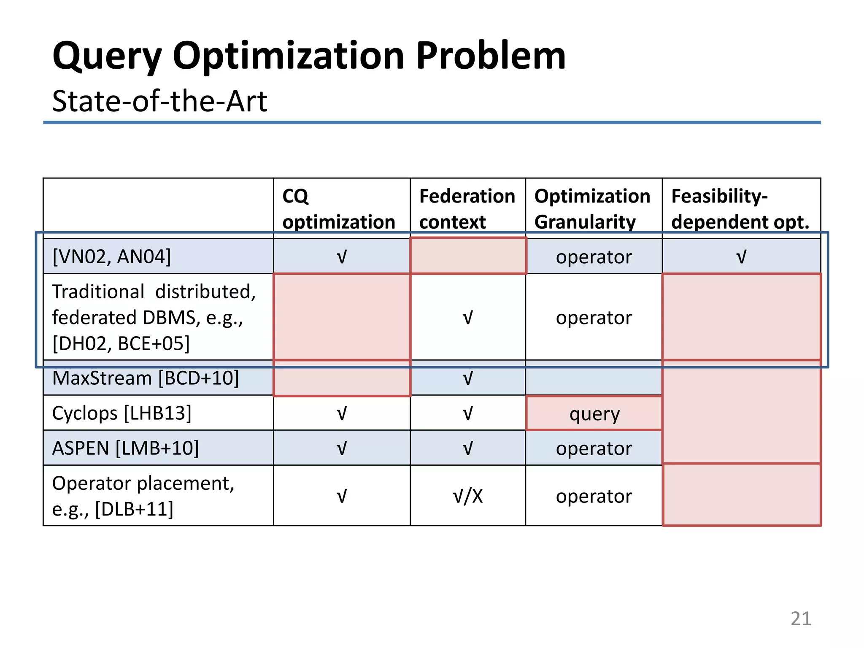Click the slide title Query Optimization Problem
pos(309,56)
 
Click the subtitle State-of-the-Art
pos(159,101)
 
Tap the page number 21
pos(801,618)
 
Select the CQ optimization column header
pos(338,209)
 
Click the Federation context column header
pos(467,209)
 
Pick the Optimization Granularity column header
pos(592,209)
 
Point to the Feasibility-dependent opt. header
pos(740,209)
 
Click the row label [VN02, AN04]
pos(112,256)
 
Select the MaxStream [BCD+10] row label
pos(146,378)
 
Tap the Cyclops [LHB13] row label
pos(121,413)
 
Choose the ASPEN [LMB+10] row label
pos(125,448)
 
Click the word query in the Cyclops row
pos(594,414)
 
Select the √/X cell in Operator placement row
pos(467,496)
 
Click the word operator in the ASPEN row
pos(594,448)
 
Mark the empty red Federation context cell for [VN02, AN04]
pos(468,256)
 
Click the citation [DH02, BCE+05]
pos(121,343)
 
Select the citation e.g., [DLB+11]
pos(113,509)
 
